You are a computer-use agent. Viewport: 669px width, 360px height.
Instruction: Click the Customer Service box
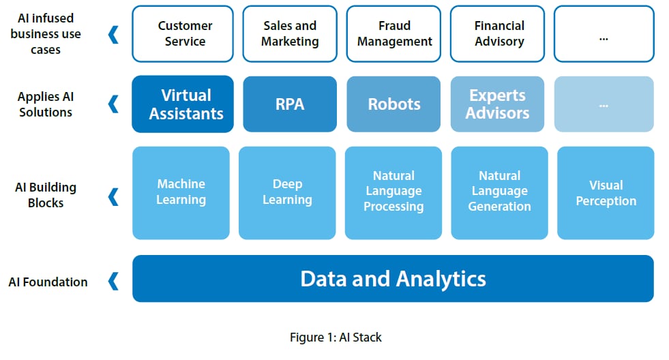183,33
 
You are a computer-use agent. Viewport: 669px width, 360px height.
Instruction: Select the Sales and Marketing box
290,33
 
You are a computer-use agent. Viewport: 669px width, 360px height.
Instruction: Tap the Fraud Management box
393,33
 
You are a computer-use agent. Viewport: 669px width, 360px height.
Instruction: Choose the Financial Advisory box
497,33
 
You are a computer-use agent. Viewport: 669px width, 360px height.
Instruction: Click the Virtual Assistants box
183,104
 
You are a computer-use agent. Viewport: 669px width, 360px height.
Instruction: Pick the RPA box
290,104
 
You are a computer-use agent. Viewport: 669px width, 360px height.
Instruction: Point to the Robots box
393,104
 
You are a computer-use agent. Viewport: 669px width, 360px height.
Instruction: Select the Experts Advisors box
497,104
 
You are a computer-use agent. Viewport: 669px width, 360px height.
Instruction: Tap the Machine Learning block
181,193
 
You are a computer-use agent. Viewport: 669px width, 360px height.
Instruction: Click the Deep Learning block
287,193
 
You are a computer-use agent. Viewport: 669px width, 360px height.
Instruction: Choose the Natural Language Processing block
393,193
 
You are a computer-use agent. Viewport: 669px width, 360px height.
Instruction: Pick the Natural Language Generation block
500,193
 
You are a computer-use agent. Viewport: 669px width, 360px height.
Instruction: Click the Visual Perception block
606,193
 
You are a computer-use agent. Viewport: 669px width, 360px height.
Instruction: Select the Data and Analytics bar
393,279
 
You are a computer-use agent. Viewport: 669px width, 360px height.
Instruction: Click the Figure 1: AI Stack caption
336,337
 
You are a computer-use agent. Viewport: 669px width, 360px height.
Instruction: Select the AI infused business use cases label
46,33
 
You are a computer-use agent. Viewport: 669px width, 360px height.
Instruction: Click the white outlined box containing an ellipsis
604,33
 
